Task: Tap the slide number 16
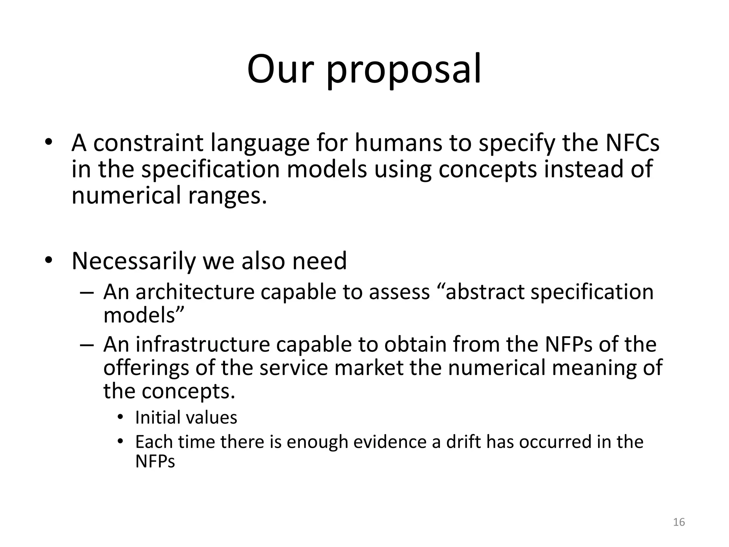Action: (679, 522)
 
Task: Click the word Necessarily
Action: (133, 261)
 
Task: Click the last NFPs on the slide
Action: (155, 462)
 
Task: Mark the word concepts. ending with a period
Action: (189, 391)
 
